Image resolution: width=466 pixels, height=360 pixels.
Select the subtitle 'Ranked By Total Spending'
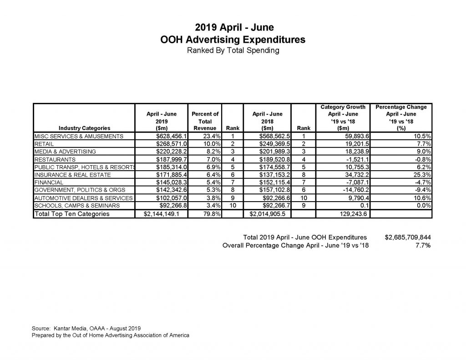(233, 50)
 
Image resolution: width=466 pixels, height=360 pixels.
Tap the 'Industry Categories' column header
(84, 128)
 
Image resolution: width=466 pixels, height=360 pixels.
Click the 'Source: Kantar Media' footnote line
(86, 328)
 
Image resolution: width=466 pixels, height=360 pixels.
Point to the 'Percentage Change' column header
(401, 107)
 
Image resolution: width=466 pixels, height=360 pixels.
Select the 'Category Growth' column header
(343, 107)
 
